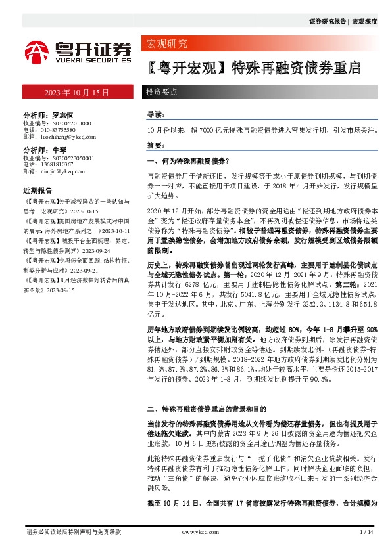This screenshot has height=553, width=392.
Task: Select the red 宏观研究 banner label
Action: coord(165,45)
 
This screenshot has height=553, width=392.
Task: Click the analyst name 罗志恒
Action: coord(61,114)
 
